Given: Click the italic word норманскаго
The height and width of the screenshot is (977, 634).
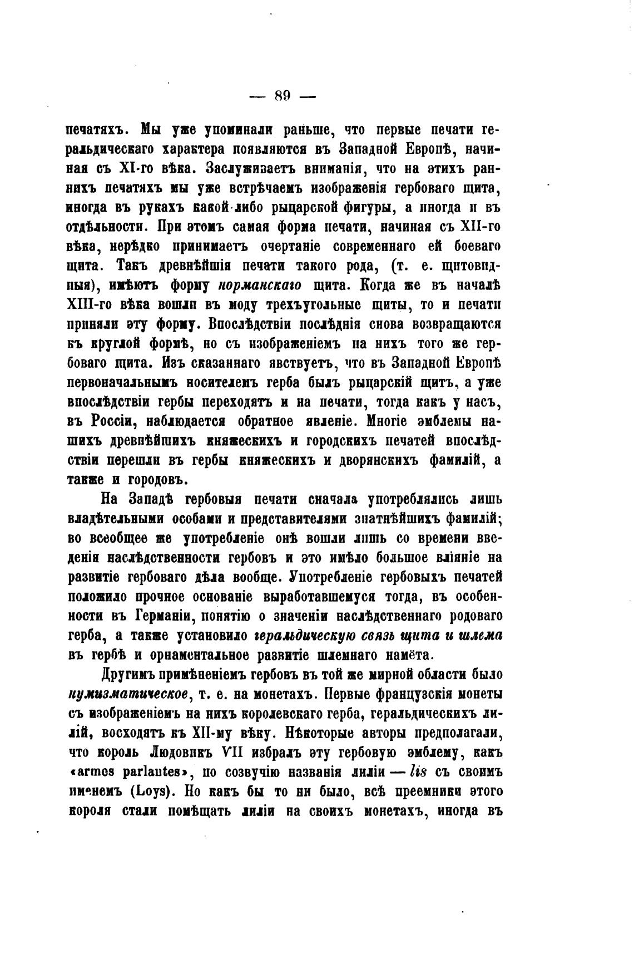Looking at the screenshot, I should pos(260,285).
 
